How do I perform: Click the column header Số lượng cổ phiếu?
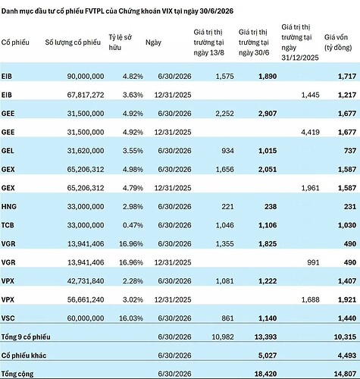click(x=73, y=42)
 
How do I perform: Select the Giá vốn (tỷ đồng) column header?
click(x=338, y=42)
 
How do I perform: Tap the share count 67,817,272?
click(x=86, y=95)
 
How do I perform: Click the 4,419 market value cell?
click(x=310, y=132)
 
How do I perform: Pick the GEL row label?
click(x=8, y=151)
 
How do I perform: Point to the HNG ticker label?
click(x=9, y=206)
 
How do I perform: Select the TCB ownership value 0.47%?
click(x=133, y=225)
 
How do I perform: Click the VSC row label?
click(x=8, y=318)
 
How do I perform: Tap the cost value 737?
click(x=350, y=151)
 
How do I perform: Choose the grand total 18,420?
click(x=265, y=374)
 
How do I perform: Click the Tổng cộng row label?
click(x=17, y=374)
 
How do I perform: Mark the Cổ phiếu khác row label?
click(x=23, y=356)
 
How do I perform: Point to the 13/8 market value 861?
click(x=227, y=318)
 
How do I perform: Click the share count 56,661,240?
click(x=86, y=299)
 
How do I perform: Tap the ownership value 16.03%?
click(x=131, y=318)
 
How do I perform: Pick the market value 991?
click(x=313, y=262)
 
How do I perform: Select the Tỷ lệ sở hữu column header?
click(x=121, y=42)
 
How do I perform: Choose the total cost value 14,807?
click(x=345, y=374)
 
